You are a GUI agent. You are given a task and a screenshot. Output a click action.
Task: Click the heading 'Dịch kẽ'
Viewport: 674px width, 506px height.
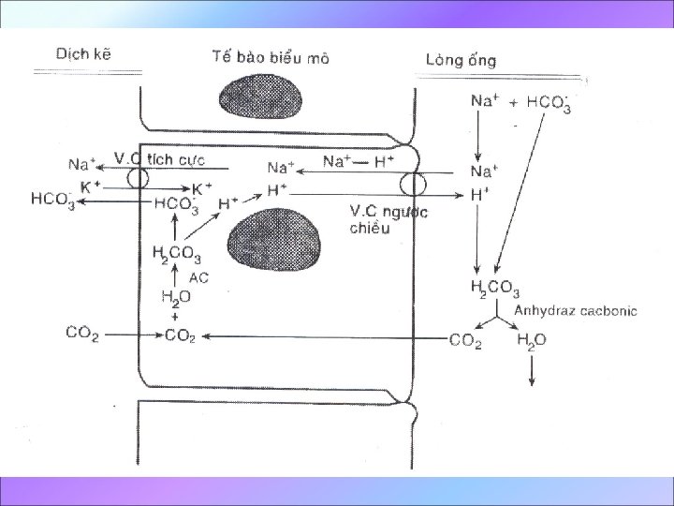pyautogui.click(x=88, y=53)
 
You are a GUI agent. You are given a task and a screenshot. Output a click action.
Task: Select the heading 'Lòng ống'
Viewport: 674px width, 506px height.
pyautogui.click(x=461, y=60)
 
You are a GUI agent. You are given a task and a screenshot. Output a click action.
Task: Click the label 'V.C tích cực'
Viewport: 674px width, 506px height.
pyautogui.click(x=158, y=157)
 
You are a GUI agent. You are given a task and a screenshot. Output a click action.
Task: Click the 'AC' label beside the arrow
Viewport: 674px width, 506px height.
pyautogui.click(x=198, y=277)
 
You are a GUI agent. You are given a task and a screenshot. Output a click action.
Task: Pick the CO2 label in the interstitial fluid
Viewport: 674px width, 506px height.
pyautogui.click(x=82, y=332)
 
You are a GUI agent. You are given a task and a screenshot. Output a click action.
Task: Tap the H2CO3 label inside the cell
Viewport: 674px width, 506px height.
pyautogui.click(x=176, y=252)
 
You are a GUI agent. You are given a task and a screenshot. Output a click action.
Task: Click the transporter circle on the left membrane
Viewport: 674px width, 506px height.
pyautogui.click(x=139, y=178)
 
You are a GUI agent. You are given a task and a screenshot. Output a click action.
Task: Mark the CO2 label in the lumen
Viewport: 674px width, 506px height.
pyautogui.click(x=464, y=341)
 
